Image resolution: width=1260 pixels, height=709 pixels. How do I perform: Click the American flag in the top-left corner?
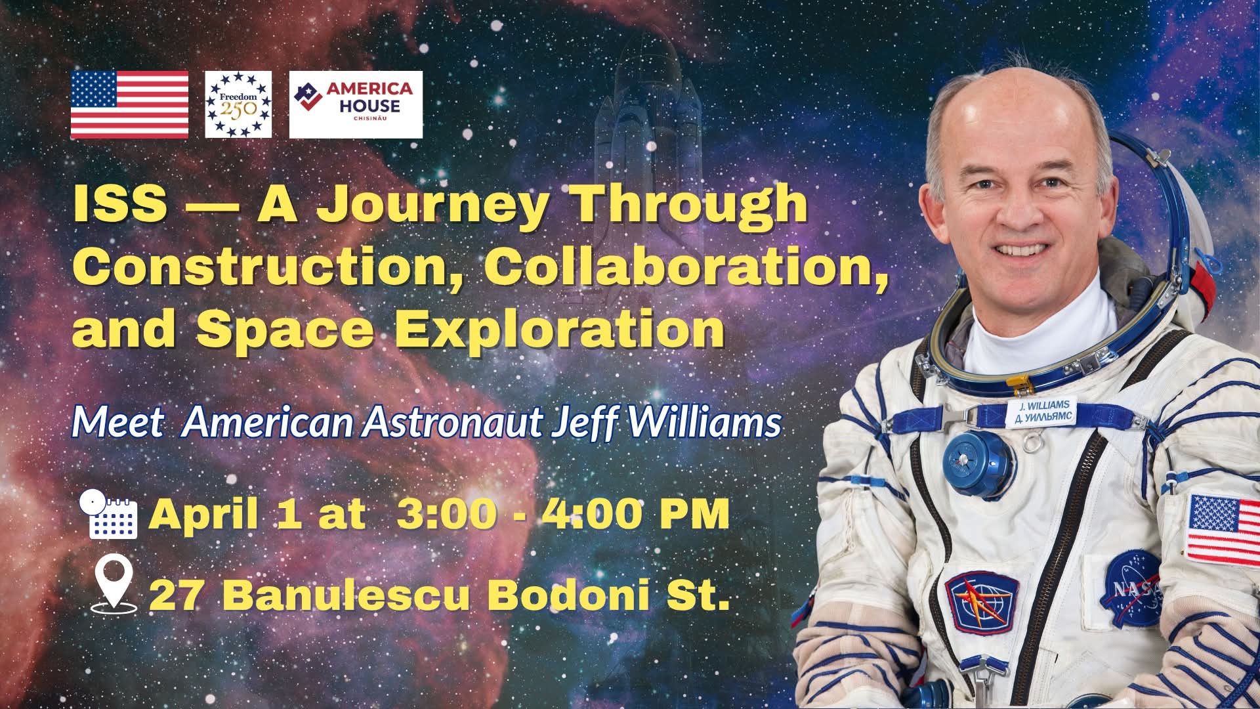point(129,105)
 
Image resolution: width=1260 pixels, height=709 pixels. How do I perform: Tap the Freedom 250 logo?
point(238,105)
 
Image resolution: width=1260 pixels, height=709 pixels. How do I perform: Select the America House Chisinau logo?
point(356,105)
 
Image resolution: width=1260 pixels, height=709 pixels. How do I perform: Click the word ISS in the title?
point(119,204)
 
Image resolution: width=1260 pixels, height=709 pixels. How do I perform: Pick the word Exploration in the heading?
point(558,328)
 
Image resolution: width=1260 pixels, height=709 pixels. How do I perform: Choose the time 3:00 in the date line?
point(445,514)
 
